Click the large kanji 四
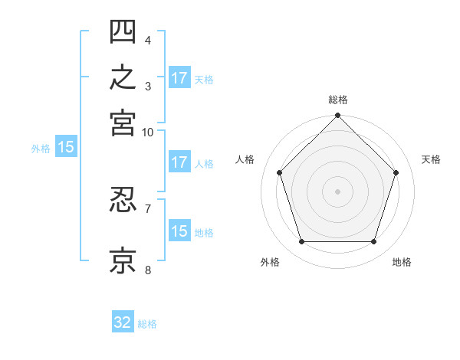(123, 31)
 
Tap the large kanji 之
(123, 77)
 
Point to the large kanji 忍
(123, 200)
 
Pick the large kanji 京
(123, 260)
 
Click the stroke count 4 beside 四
(148, 41)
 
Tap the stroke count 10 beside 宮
(147, 133)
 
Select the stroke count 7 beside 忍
(148, 209)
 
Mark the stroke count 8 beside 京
(148, 270)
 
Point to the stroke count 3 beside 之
(148, 87)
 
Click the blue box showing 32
(123, 321)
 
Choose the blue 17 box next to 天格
(180, 77)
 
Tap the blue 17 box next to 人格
(180, 162)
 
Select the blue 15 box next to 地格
(180, 230)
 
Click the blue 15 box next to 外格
(66, 146)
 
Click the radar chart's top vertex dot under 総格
(337, 115)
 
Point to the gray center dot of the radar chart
(337, 191)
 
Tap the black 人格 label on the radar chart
(245, 159)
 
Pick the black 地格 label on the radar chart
(402, 262)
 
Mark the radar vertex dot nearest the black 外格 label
(302, 242)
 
